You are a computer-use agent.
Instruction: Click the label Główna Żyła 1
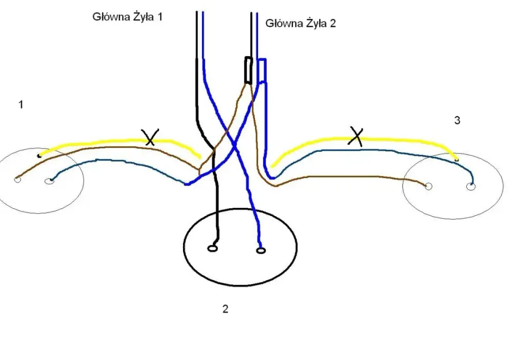127,16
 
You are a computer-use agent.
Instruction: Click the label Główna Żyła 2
301,23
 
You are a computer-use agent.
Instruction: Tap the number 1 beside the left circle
21,104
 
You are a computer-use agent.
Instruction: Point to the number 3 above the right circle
457,120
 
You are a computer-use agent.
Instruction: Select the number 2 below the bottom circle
225,309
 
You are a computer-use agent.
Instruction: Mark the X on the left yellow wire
150,137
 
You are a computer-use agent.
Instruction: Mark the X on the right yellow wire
356,136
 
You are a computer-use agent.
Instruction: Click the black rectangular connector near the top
248,70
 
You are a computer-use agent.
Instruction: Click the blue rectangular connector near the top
262,71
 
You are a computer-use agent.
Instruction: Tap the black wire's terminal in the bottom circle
212,248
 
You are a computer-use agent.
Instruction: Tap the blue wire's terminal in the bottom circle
261,251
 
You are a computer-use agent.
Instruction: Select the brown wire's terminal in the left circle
17,179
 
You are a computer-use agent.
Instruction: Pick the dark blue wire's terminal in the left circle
49,181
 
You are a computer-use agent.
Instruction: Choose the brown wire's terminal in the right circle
428,187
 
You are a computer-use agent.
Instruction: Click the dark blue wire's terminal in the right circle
471,187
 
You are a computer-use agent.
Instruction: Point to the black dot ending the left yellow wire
40,155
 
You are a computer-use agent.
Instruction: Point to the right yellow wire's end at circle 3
456,159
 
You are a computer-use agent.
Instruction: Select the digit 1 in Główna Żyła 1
160,16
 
